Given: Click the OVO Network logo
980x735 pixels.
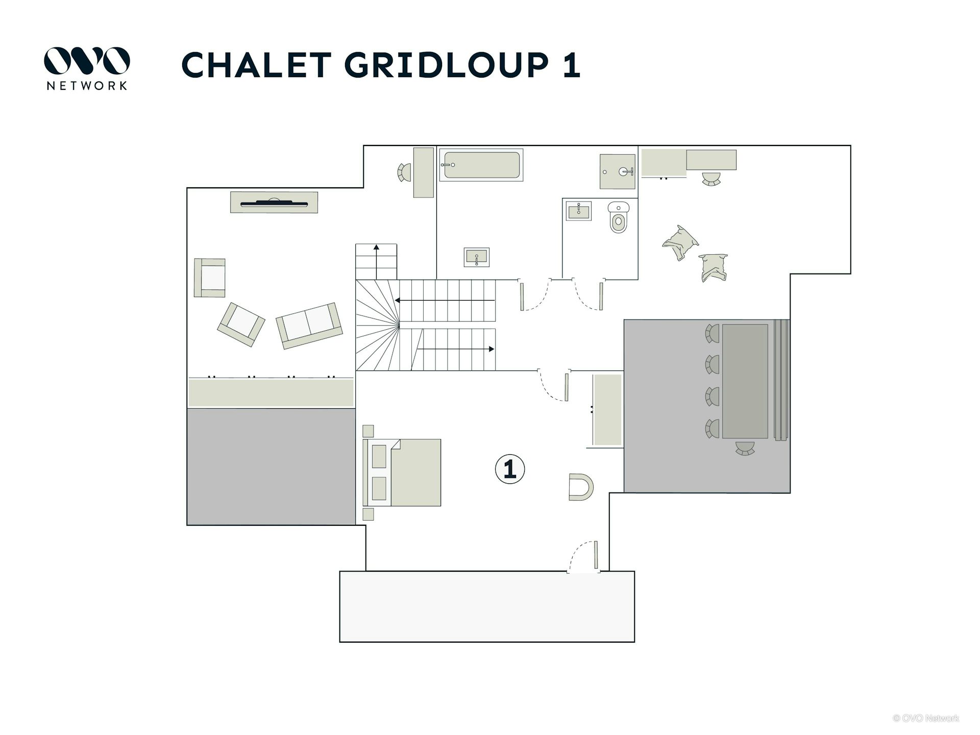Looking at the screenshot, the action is [x=87, y=68].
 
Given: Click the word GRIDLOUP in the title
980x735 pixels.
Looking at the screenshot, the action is [x=447, y=65].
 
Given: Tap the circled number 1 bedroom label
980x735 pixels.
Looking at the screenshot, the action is [x=510, y=469].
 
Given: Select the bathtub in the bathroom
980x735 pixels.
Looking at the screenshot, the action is [x=481, y=165].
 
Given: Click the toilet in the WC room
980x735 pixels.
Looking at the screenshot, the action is [x=619, y=217].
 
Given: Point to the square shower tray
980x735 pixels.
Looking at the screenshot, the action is [x=618, y=171].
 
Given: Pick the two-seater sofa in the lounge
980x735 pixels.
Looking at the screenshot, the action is [x=309, y=326].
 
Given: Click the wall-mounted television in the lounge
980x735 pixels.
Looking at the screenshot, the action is [x=274, y=203].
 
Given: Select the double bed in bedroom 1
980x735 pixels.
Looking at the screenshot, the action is [x=402, y=472].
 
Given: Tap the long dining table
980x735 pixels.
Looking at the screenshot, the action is [x=745, y=381].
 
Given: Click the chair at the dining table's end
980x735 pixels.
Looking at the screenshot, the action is [x=745, y=448].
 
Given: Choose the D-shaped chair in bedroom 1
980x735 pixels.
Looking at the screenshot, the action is [x=581, y=487].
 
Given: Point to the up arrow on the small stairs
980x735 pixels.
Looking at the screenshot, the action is [x=376, y=262].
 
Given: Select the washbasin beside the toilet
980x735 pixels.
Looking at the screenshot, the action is [x=579, y=211].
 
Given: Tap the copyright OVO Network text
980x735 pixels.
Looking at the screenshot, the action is [x=926, y=718].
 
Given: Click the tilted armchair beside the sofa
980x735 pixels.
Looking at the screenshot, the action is [x=241, y=325].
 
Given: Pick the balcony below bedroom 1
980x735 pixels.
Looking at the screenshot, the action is [x=487, y=606].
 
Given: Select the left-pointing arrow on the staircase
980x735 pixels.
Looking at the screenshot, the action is [x=445, y=301].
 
